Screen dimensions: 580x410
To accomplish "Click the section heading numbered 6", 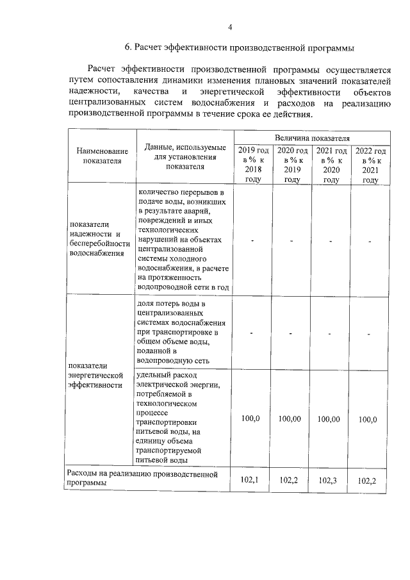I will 239,47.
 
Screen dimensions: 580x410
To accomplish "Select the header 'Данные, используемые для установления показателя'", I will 185,156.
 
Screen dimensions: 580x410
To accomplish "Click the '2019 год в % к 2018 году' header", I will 254,165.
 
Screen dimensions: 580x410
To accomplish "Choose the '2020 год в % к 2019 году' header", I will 292,165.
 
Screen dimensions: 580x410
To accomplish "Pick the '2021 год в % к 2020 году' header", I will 331,165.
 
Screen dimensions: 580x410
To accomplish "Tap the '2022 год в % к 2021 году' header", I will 370,165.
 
